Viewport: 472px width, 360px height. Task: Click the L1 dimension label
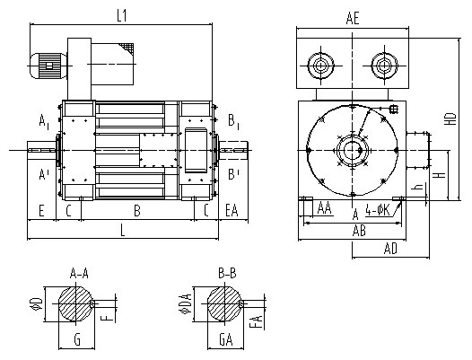pos(122,16)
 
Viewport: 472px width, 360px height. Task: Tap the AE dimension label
pos(353,18)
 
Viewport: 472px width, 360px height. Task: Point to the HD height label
pos(451,119)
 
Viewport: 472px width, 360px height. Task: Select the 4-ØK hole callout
pos(378,210)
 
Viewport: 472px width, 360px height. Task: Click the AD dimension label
pos(390,249)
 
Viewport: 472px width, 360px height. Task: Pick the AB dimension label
pos(359,231)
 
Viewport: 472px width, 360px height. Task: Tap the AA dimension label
pos(325,208)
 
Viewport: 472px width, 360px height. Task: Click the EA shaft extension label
pos(232,210)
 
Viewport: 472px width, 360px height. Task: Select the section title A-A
pos(79,273)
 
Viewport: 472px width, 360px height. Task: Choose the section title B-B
pos(227,273)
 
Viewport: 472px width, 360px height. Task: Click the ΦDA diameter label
pos(186,303)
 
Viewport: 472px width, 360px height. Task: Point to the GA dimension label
pos(226,340)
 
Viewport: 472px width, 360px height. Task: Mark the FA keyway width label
pos(258,321)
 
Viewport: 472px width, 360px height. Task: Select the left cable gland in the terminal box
pos(321,66)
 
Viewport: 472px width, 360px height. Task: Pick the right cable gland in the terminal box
pos(384,66)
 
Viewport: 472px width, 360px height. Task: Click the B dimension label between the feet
pos(137,211)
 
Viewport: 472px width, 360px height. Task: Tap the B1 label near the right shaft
pos(233,122)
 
